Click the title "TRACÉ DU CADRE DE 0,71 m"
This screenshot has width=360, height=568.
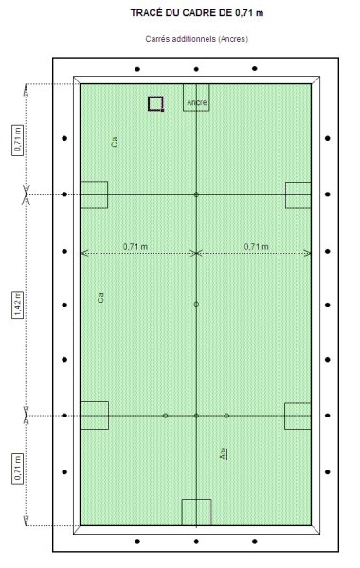coord(197,13)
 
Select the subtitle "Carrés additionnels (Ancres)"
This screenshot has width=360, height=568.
coord(197,39)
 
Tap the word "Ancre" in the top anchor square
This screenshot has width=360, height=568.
coord(197,102)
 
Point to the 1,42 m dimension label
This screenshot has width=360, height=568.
coord(18,304)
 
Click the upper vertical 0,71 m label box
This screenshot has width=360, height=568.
coord(18,140)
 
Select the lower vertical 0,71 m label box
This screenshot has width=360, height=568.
coord(18,469)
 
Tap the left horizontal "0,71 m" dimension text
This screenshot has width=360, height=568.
coord(135,247)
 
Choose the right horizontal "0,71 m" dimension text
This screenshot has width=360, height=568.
coord(257,247)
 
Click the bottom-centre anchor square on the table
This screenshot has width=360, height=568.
coord(196,499)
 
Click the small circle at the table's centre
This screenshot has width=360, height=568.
coord(196,304)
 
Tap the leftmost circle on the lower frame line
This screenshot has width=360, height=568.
coord(166,416)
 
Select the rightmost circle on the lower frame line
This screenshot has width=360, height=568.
coord(226,416)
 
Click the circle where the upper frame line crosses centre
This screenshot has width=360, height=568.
coord(196,194)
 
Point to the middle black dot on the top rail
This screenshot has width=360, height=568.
coord(196,69)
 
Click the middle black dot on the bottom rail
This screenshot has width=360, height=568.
coord(196,541)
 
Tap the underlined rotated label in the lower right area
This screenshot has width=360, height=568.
coord(224,453)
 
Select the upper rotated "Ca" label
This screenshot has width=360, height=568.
coord(115,142)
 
